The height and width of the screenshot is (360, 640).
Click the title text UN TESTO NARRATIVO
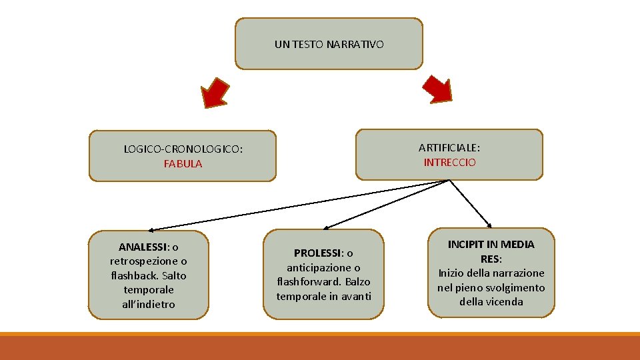[329, 45]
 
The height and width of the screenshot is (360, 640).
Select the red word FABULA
[183, 164]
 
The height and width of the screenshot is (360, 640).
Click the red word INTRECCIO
[449, 162]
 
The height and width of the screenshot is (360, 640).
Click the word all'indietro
[148, 304]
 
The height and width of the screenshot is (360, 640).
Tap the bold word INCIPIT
[464, 244]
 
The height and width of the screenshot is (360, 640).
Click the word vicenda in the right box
[505, 301]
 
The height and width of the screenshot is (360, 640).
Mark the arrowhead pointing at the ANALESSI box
[151, 229]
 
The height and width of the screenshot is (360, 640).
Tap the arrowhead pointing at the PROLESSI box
[324, 227]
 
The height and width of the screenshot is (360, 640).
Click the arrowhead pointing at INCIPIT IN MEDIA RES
[489, 225]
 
